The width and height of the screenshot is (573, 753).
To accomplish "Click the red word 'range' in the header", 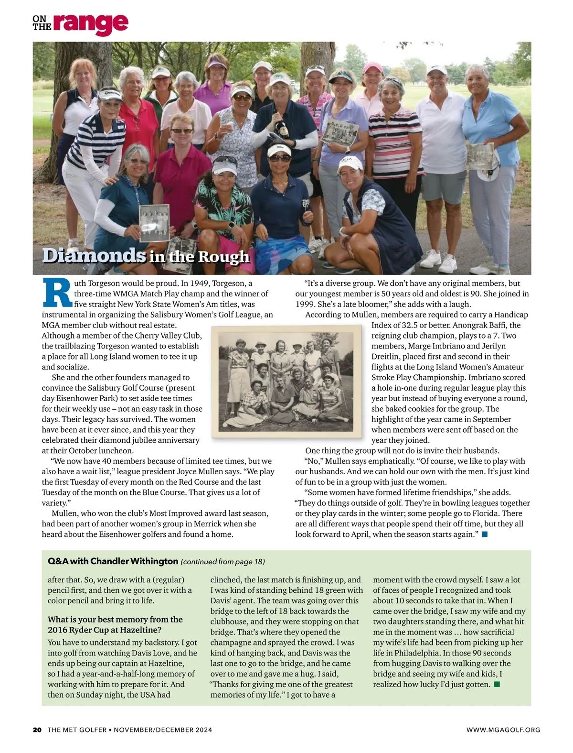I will tap(90, 23).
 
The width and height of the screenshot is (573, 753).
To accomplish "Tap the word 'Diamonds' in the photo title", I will tap(94, 255).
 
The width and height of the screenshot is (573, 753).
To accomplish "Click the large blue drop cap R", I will tap(57, 292).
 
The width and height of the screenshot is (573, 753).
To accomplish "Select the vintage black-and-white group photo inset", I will tap(286, 381).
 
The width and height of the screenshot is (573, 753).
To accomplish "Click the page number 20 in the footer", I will tap(37, 730).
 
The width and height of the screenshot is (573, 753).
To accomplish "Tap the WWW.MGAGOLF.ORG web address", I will tap(503, 730).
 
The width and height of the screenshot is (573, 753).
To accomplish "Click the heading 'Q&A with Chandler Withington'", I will tap(113, 561).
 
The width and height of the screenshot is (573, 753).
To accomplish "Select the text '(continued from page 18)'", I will tap(223, 561).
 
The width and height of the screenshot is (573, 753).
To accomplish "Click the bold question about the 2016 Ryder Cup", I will tap(115, 624).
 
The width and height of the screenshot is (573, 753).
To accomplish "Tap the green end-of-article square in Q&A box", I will tap(497, 684).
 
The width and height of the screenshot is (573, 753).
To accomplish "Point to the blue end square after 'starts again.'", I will tap(485, 534).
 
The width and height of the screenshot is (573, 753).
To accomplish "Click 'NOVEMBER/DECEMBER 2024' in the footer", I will tap(163, 730).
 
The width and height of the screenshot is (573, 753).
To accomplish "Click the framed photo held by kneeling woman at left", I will tap(154, 222).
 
